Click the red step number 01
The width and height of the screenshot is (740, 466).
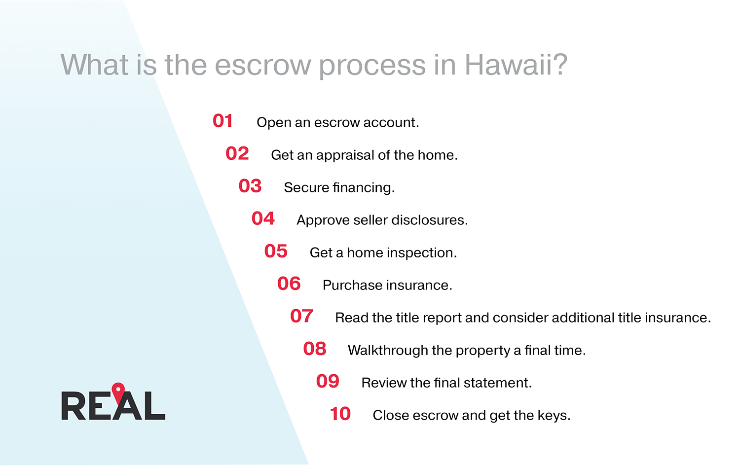click(222, 121)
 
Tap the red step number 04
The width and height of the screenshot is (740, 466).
click(263, 218)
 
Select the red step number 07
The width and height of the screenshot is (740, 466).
click(301, 316)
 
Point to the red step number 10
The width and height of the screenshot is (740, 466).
click(340, 414)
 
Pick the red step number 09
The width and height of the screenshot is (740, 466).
click(328, 381)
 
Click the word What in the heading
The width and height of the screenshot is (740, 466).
click(94, 65)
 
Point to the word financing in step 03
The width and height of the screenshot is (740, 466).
click(364, 188)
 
